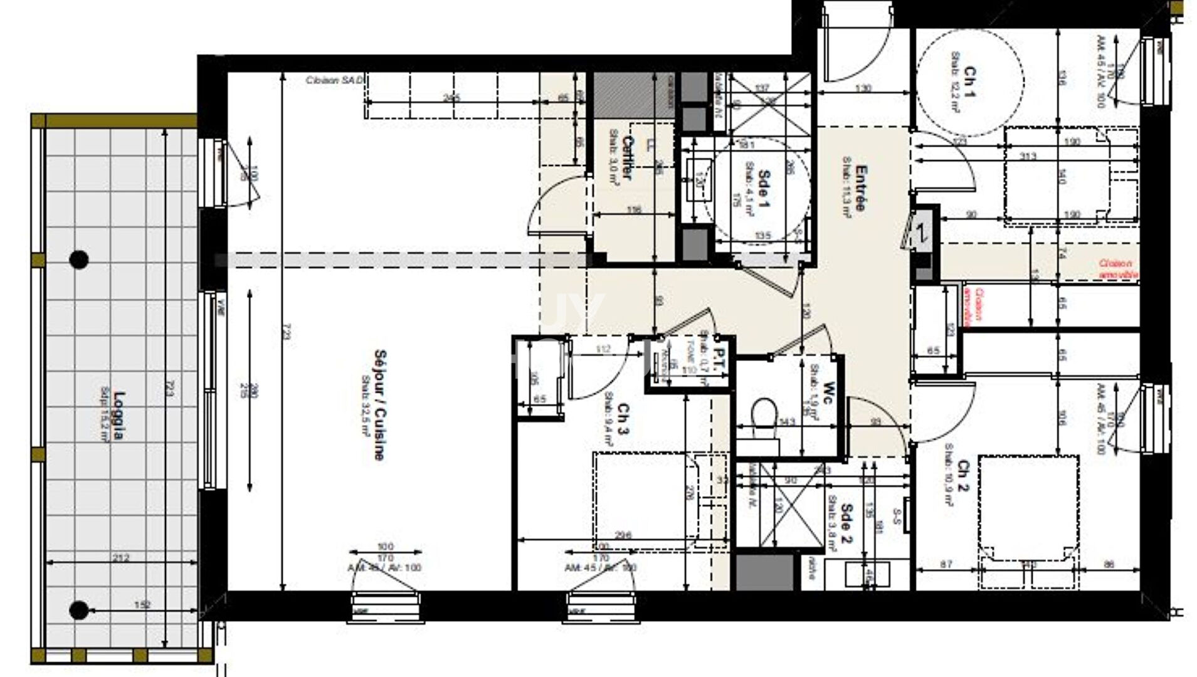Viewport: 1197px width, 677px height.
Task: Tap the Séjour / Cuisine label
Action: pos(379,405)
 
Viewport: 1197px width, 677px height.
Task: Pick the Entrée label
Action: pos(861,188)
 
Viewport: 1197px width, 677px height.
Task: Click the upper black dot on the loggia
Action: pos(78,259)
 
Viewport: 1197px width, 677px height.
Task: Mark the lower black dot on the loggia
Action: pos(78,609)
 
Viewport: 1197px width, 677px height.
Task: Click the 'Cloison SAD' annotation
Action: pos(334,80)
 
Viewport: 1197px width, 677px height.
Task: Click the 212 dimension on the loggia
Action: pos(121,557)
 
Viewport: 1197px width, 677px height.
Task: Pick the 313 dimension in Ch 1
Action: pos(1028,156)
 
